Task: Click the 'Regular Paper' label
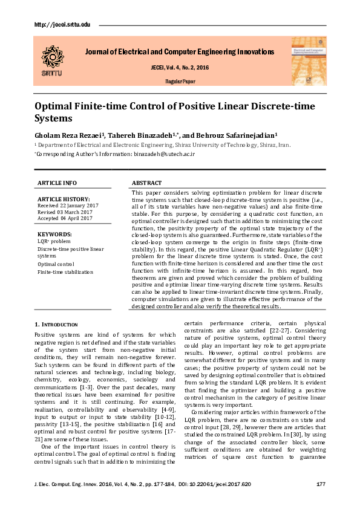click(x=180, y=80)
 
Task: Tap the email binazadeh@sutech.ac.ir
click(x=163, y=154)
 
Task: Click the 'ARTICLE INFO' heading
click(x=57, y=183)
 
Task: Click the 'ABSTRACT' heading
click(x=146, y=183)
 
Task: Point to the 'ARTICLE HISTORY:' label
click(x=64, y=199)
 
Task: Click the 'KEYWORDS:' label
click(x=55, y=233)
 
